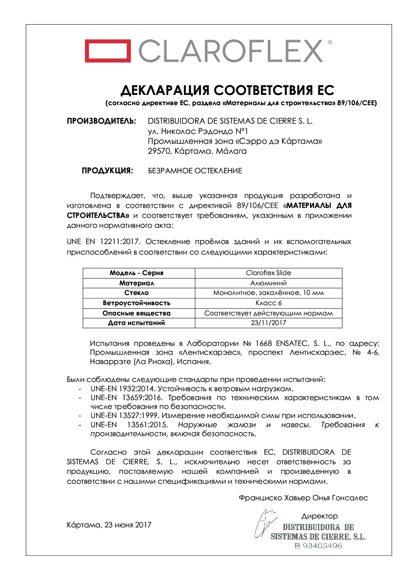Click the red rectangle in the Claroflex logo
coord(107,51)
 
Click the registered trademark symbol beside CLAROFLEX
coord(330,42)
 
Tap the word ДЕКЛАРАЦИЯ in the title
coord(165,90)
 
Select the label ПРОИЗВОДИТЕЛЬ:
coord(101,121)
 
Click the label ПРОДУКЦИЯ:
coord(107,171)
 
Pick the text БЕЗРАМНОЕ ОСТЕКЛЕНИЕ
coord(195,171)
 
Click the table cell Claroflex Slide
coord(268,273)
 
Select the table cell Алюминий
coord(268,283)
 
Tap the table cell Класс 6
coord(268,303)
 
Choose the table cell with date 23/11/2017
coord(268,323)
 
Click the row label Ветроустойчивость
coord(137,303)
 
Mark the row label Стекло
coord(137,293)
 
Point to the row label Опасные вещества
coord(137,313)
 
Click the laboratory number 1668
coord(264,343)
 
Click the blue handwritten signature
coord(264,523)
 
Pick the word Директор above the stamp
coord(319,516)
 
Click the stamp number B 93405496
coord(318,546)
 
